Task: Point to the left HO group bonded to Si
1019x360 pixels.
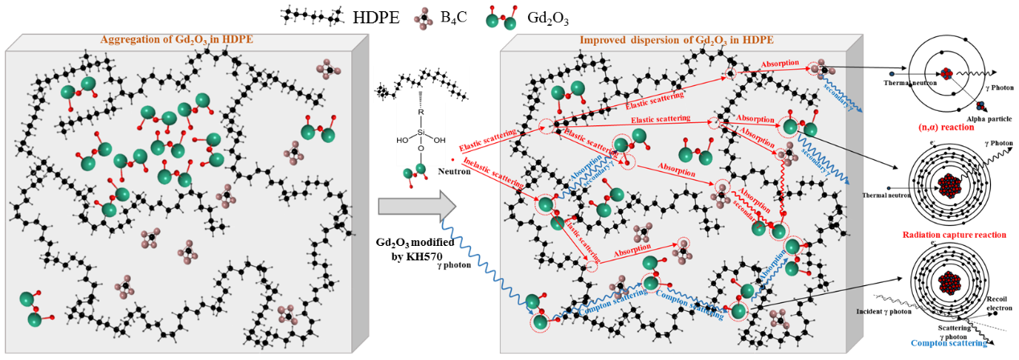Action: [402, 140]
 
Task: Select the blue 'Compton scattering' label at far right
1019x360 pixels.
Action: [949, 343]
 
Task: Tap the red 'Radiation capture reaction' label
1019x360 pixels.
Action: [954, 235]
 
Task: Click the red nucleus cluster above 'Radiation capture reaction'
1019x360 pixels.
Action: [949, 186]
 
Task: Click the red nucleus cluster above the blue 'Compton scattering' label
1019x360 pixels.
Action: [949, 283]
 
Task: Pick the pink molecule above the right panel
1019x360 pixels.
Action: [424, 18]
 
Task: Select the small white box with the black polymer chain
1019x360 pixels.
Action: [421, 84]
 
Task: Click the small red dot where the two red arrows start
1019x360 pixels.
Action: [452, 159]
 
